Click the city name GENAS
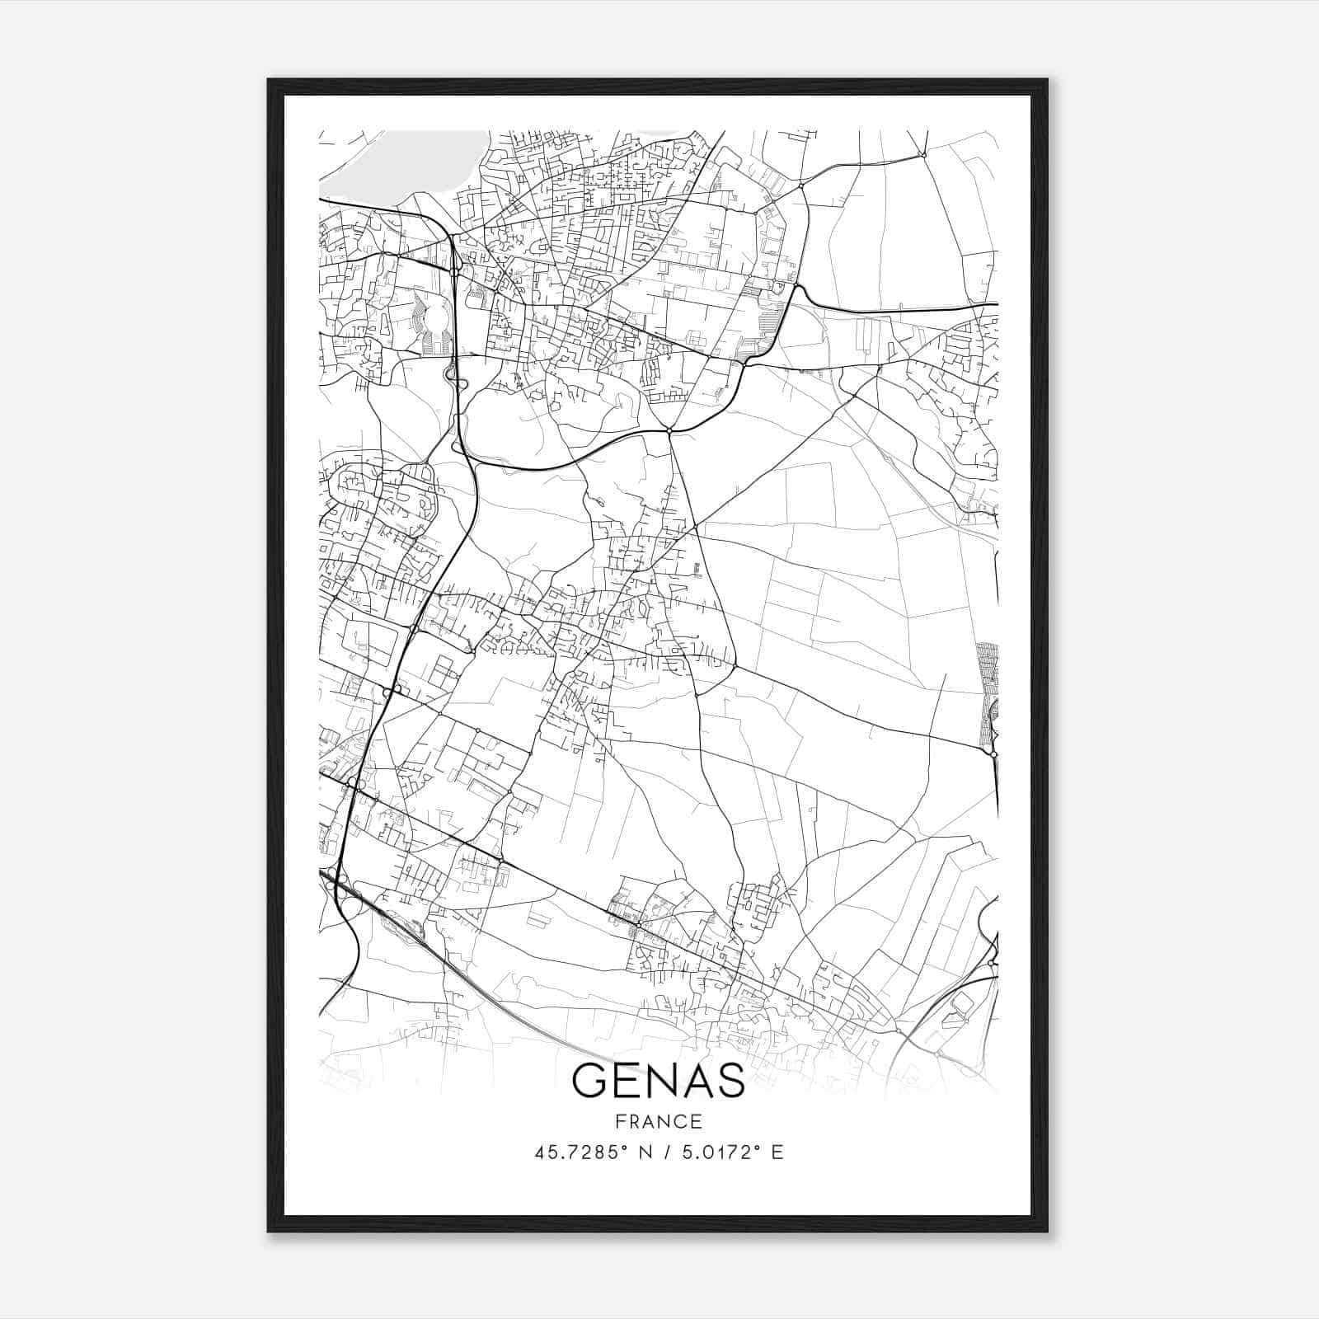[x=658, y=1081]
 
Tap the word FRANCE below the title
[x=658, y=1122]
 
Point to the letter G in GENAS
[x=590, y=1081]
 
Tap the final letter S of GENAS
[x=730, y=1081]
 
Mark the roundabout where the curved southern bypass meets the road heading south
[x=669, y=430]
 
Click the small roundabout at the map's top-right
[x=924, y=154]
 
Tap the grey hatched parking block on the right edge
[x=988, y=692]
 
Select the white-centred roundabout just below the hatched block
[x=993, y=753]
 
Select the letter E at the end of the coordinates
[x=777, y=1152]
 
